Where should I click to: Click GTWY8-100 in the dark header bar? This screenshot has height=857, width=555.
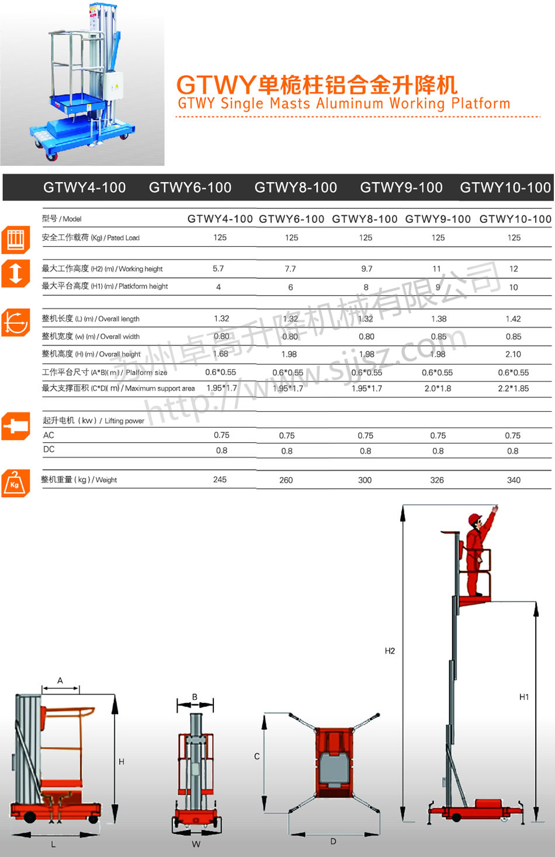(x=296, y=187)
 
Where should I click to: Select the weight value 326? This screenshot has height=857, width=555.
(x=437, y=480)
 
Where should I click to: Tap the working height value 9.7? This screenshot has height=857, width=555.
(x=366, y=269)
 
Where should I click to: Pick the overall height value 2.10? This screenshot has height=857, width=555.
(x=513, y=354)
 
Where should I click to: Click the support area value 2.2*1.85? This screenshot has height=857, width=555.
(x=513, y=389)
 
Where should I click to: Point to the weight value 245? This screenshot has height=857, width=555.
(x=220, y=480)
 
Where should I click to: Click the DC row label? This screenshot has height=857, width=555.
(x=49, y=449)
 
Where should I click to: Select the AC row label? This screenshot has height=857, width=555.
(x=48, y=435)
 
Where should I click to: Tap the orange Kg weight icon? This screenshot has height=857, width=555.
(x=15, y=483)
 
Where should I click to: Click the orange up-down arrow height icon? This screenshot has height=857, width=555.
(x=15, y=273)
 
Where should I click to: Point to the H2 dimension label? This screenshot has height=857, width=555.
(x=390, y=651)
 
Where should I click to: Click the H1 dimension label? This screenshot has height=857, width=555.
(x=524, y=697)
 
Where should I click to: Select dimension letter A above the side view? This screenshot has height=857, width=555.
(x=60, y=680)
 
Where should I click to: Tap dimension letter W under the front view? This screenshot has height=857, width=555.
(x=196, y=844)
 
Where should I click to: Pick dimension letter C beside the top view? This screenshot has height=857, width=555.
(x=256, y=756)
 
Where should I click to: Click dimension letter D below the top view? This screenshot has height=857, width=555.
(x=333, y=841)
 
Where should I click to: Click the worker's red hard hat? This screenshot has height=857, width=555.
(x=474, y=519)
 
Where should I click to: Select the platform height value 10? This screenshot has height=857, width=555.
(x=514, y=287)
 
